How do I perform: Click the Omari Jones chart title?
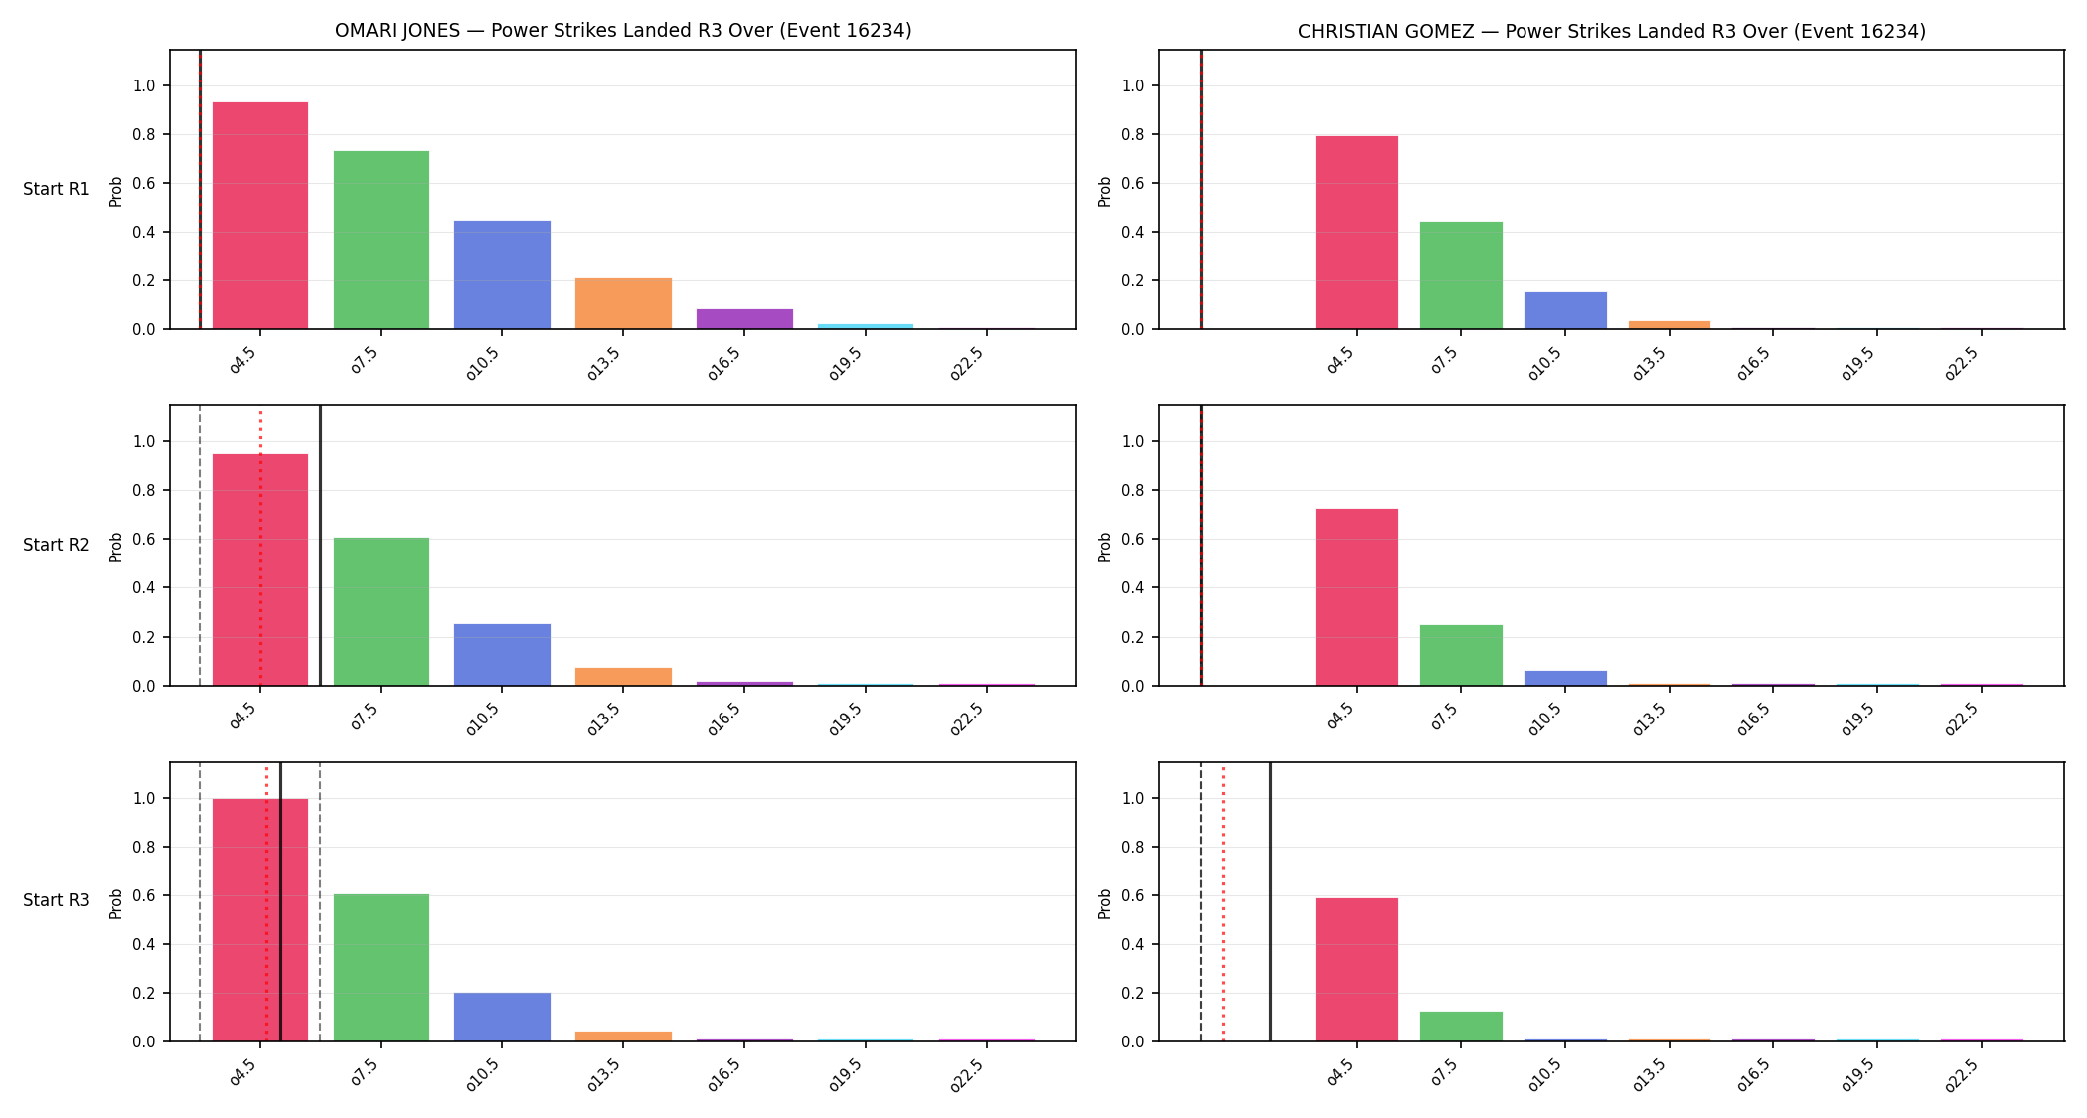[623, 31]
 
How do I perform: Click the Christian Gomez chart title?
[1611, 31]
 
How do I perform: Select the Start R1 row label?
[57, 189]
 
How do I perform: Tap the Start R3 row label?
[57, 900]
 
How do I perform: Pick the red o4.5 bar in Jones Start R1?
[260, 216]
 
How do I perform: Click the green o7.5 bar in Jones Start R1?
[382, 240]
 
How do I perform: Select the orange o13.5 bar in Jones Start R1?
[623, 303]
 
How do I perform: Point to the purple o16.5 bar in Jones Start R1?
[744, 319]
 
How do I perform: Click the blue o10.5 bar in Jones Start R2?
[502, 655]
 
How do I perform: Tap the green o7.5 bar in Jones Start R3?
[382, 968]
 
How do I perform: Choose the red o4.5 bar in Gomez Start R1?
[1357, 233]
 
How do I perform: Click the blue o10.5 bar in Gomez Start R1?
[1565, 310]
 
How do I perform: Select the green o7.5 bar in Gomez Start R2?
[1461, 655]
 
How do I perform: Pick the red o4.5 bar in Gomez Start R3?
[1357, 970]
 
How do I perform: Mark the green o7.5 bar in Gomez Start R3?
[1461, 1027]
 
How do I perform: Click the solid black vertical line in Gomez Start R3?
[1270, 901]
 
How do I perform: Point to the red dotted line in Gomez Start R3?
[1223, 901]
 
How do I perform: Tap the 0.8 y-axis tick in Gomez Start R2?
[1134, 490]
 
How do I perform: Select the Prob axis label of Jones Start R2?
[116, 547]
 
